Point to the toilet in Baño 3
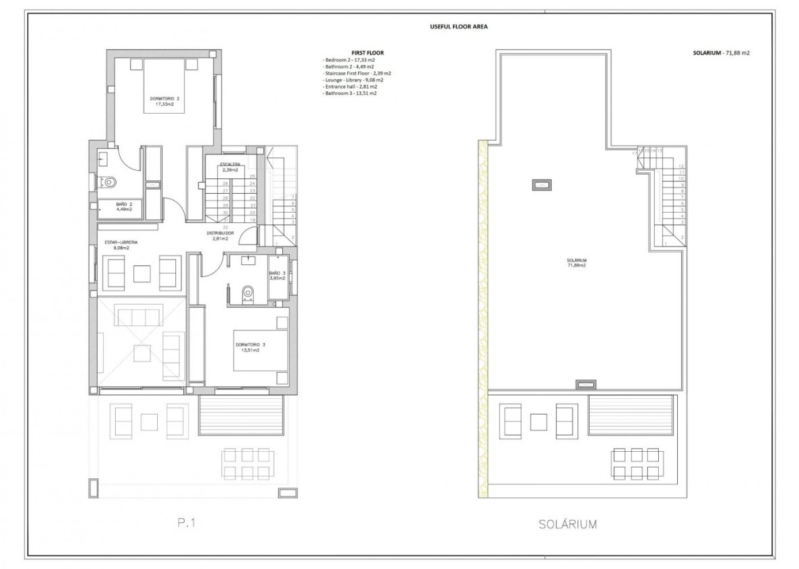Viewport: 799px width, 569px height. [247, 291]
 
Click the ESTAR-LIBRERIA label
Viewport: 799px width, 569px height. [121, 244]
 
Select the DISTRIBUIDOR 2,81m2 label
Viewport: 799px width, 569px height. [221, 236]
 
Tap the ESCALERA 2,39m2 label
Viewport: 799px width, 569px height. [230, 167]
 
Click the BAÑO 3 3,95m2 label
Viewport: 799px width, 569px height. [278, 276]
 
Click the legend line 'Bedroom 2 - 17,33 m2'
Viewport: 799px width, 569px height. [348, 60]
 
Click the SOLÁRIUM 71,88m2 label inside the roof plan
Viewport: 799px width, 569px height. [576, 263]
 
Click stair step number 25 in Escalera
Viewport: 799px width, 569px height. [252, 176]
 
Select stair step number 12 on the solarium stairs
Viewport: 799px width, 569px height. [681, 166]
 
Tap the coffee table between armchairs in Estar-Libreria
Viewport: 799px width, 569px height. [142, 273]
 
